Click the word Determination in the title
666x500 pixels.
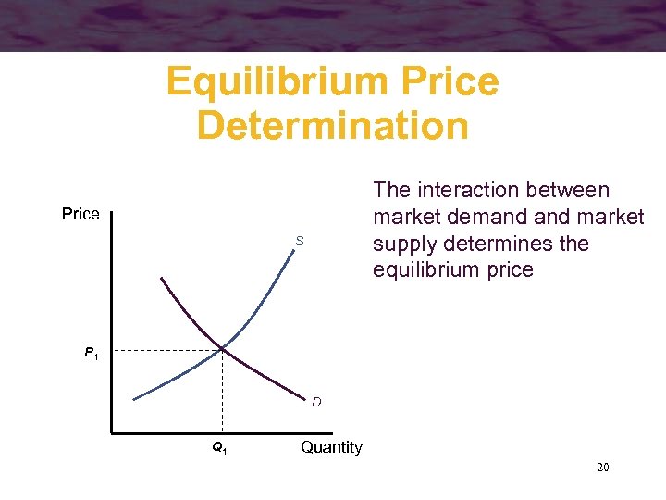tap(333, 126)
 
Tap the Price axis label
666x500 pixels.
tap(80, 215)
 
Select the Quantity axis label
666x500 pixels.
tap(331, 448)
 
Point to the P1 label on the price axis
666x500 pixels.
tap(92, 353)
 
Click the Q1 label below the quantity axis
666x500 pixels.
tap(219, 448)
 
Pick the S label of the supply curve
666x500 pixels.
tap(300, 242)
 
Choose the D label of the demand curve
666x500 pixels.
tap(316, 403)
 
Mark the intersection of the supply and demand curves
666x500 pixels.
tap(222, 349)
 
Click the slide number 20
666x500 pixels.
tap(602, 468)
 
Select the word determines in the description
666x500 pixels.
tap(488, 244)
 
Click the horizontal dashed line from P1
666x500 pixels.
tap(166, 351)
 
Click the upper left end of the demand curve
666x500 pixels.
tap(161, 277)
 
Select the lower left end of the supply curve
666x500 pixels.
tap(134, 399)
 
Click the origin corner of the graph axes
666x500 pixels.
tap(110, 432)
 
